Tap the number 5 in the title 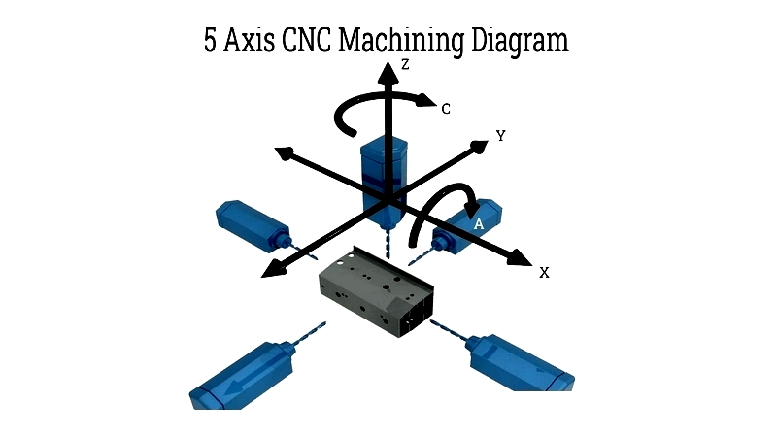coord(212,42)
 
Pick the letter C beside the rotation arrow coord(445,110)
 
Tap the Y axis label coord(500,136)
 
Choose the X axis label coord(544,273)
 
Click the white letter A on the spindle coord(478,224)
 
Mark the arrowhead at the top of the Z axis coord(388,68)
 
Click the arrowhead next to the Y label coord(478,147)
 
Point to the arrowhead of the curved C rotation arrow coord(428,97)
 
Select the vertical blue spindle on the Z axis coord(384,175)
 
